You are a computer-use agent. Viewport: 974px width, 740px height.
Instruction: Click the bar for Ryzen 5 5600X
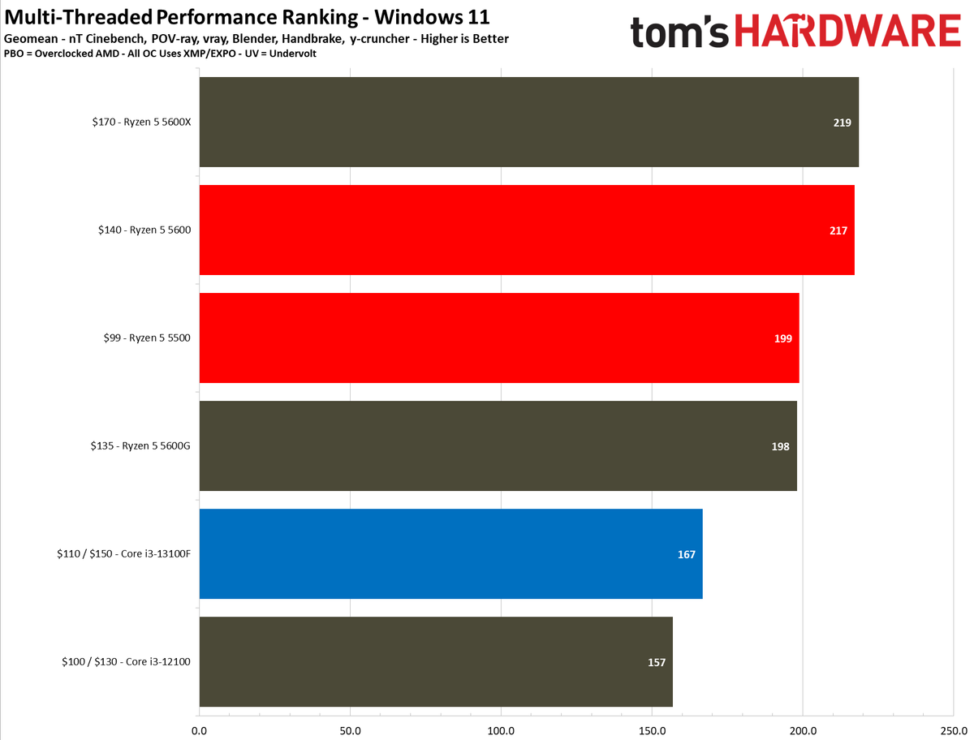[x=528, y=123]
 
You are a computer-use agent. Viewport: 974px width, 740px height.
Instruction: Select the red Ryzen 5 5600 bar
[x=526, y=230]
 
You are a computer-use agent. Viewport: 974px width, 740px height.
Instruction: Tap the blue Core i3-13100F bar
[x=450, y=554]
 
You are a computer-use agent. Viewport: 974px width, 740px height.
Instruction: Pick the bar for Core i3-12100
[x=435, y=662]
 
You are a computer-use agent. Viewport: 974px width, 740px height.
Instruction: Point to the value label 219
[x=841, y=123]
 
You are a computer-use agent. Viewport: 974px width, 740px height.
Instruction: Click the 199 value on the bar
[x=783, y=338]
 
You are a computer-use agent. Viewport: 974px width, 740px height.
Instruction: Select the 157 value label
[x=657, y=662]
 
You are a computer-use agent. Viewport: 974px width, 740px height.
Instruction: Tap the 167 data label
[x=687, y=554]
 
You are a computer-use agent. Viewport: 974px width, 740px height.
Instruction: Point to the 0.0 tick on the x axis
[x=199, y=730]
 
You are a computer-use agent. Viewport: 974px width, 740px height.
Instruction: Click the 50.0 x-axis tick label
[x=350, y=730]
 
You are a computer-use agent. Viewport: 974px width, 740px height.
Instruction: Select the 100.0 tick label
[x=501, y=730]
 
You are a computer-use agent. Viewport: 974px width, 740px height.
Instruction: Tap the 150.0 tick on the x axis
[x=652, y=730]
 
